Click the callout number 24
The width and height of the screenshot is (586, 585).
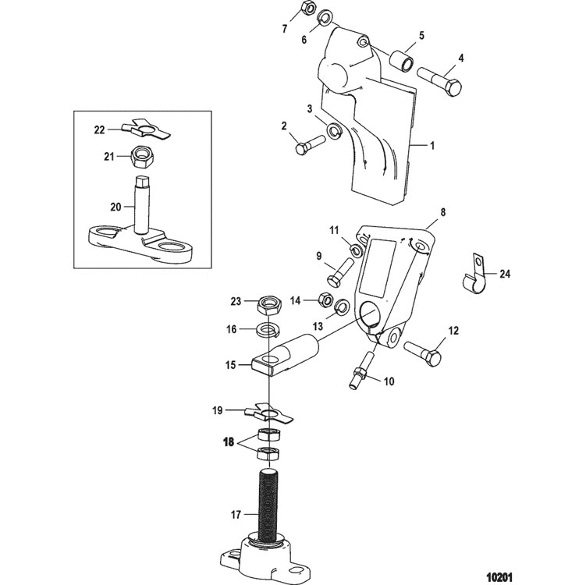pos(505,275)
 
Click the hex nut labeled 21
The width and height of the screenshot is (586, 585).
pos(140,158)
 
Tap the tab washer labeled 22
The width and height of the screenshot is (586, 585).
pos(147,129)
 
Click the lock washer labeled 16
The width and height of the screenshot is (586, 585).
pos(268,329)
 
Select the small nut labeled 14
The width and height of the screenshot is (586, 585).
pos(325,299)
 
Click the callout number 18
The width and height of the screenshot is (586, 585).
pos(229,442)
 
